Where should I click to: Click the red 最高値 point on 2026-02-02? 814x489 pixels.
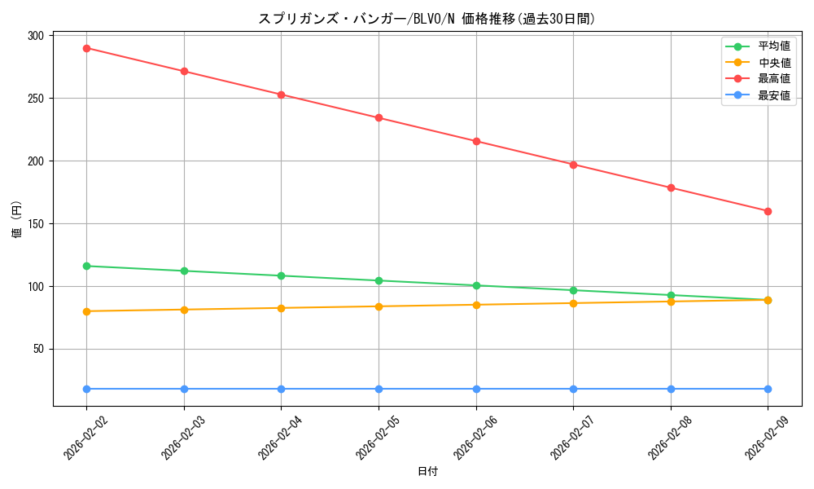point(86,48)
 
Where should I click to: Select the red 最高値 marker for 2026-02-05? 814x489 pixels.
point(379,117)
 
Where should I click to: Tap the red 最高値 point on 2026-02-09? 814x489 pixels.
point(768,211)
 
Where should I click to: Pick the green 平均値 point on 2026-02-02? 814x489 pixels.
point(86,266)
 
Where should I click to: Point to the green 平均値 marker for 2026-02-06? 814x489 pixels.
point(476,285)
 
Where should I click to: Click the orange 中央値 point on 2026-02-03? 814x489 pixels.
point(184,310)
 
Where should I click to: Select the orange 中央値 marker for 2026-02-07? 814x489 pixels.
point(573,303)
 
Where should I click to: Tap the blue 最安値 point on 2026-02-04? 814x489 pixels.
point(281,389)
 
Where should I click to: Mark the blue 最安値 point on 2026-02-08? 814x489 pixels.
point(671,389)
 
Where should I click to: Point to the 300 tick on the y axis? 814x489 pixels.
point(37,36)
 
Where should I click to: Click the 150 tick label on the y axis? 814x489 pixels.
point(37,224)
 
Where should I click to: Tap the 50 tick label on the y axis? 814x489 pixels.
point(39,349)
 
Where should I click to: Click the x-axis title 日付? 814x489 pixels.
point(427,472)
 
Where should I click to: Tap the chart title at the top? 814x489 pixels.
point(427,19)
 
